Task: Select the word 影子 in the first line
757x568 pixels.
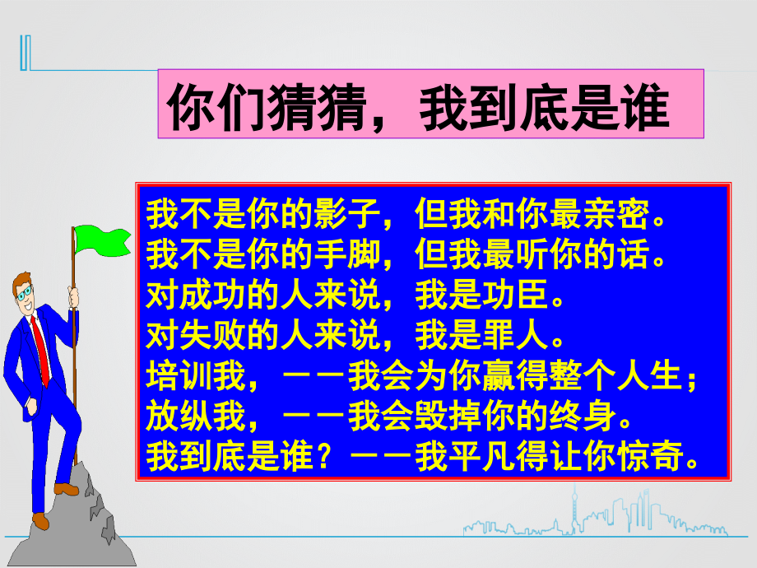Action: click(x=345, y=213)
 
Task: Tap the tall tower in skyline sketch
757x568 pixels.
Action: click(x=573, y=510)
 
